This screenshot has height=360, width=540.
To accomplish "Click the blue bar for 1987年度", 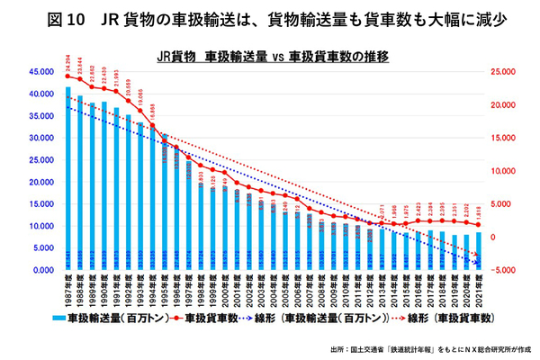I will pyautogui.click(x=67, y=180).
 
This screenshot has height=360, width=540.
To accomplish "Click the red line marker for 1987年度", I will pyautogui.click(x=67, y=76).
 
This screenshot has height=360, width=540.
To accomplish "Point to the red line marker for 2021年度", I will pyautogui.click(x=478, y=224).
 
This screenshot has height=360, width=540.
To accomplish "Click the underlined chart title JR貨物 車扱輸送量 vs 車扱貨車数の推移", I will pyautogui.click(x=271, y=55).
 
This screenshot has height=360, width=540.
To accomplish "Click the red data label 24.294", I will pyautogui.click(x=67, y=63).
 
